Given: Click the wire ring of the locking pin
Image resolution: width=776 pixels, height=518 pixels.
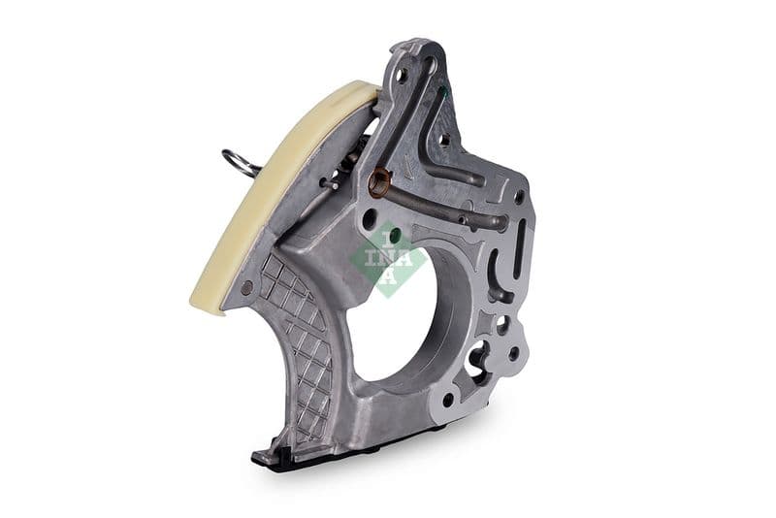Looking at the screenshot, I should point(238,162).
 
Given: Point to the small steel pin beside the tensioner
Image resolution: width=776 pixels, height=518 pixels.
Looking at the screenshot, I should point(331,182).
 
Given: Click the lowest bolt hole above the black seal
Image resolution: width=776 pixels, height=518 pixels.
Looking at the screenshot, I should point(448,399).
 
